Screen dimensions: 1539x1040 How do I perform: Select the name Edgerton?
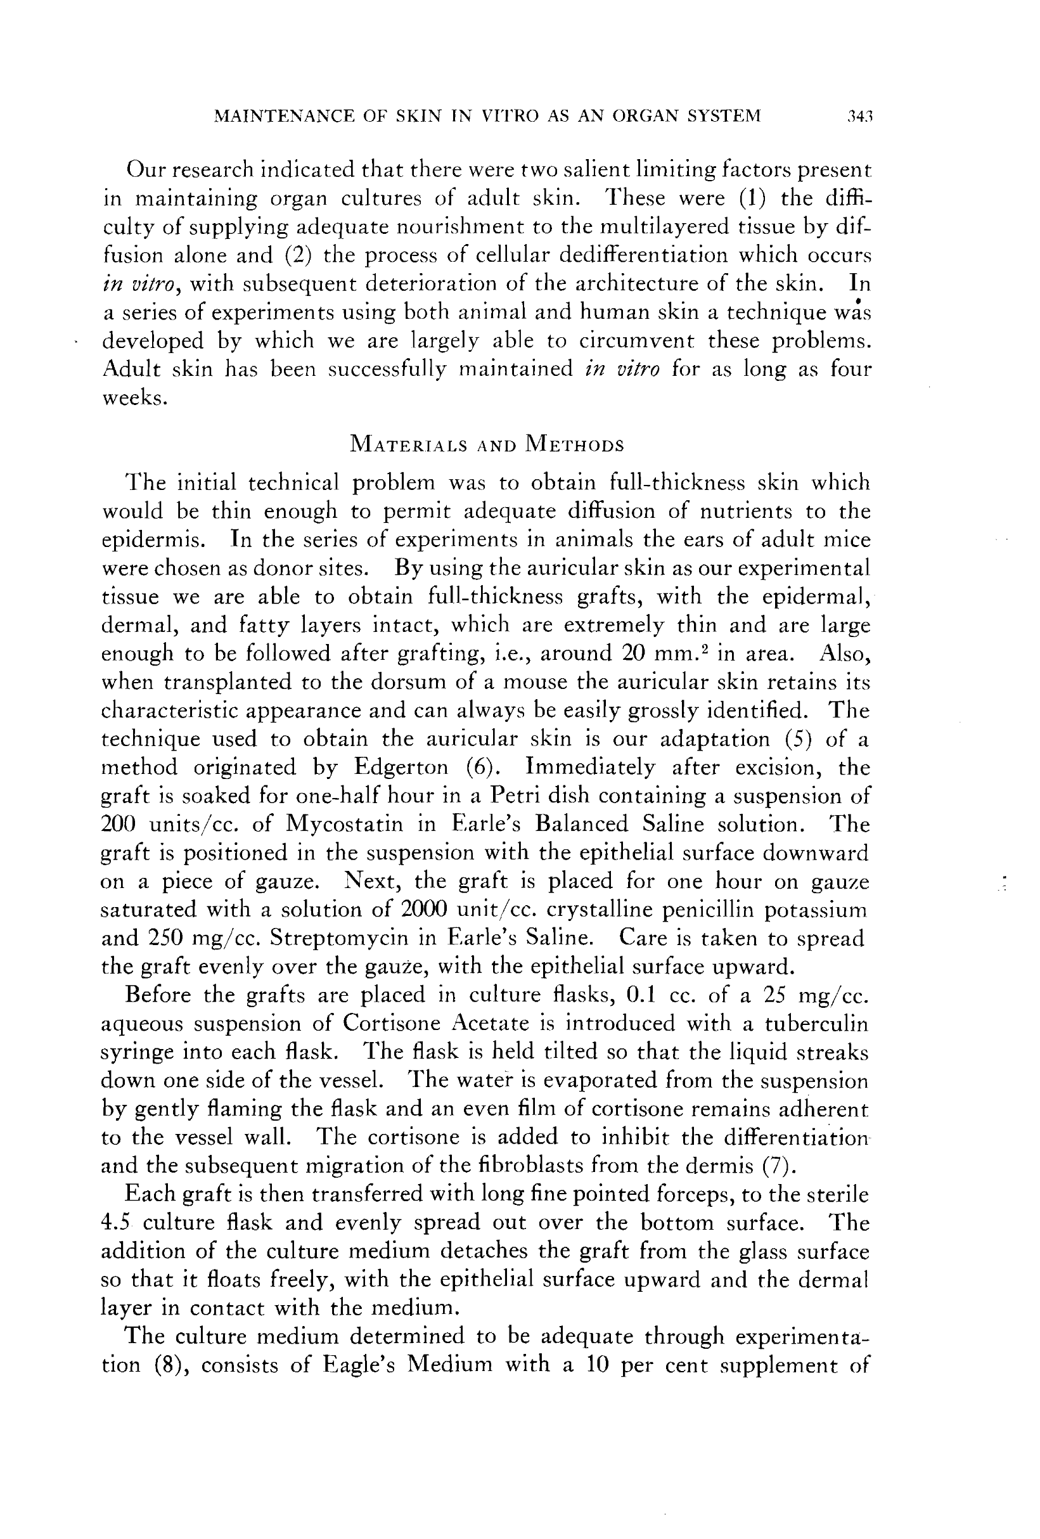click(x=401, y=768)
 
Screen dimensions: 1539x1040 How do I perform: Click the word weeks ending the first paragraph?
click(x=133, y=398)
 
